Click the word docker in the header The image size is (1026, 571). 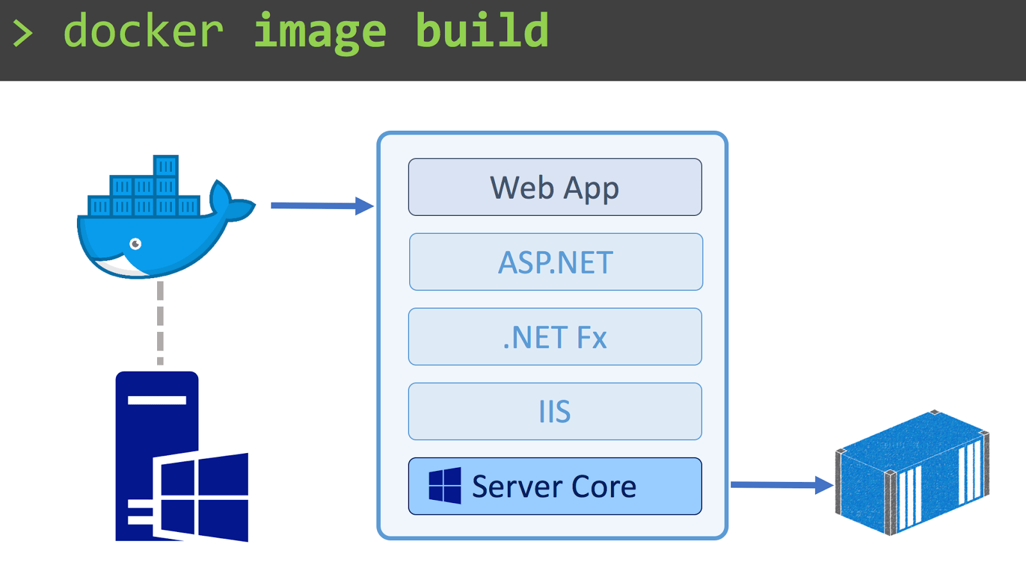143,31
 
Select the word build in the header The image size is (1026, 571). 482,31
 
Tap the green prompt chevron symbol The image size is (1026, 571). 22,33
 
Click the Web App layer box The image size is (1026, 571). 555,187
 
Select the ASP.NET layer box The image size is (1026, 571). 555,262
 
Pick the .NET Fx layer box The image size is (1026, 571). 555,337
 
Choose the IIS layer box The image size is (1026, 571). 555,411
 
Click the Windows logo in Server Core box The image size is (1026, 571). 444,486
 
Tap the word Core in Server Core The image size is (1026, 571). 603,486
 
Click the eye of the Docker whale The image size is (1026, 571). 135,244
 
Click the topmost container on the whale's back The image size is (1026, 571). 165,166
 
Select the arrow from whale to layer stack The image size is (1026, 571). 321,206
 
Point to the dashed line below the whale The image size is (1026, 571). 160,323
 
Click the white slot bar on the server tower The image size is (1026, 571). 156,401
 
